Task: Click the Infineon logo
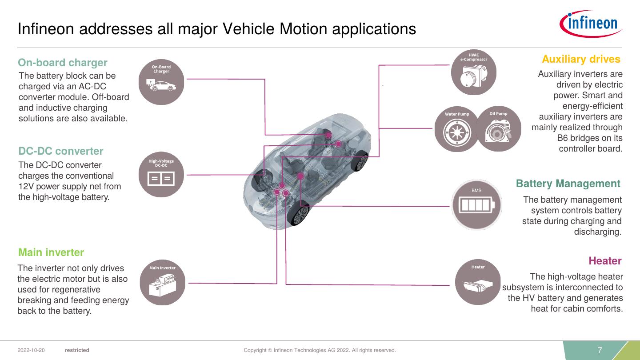(x=591, y=24)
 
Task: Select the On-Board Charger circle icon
(x=161, y=82)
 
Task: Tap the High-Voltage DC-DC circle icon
(x=161, y=175)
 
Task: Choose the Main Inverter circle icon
(x=162, y=282)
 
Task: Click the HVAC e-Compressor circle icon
(x=473, y=72)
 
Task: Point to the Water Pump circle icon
(x=457, y=129)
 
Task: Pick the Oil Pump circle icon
(x=498, y=128)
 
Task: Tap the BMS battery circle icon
(x=476, y=205)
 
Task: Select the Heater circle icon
(x=478, y=282)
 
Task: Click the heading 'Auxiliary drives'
(x=581, y=59)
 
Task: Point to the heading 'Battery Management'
(x=568, y=184)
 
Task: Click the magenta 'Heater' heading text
(x=605, y=260)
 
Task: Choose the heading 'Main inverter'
(x=51, y=252)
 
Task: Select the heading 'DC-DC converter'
(x=61, y=151)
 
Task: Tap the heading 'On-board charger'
(x=63, y=63)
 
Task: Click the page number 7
(x=600, y=350)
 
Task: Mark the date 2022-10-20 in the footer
(x=31, y=350)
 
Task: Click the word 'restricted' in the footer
(x=77, y=350)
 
